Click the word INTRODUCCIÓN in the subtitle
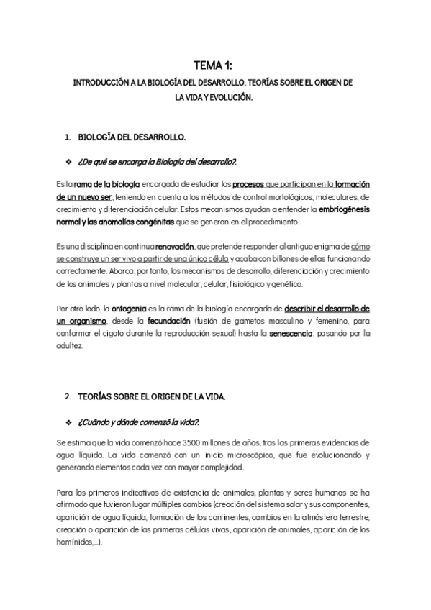[x=104, y=83]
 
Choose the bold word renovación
[x=175, y=246]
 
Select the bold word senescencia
[x=290, y=334]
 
